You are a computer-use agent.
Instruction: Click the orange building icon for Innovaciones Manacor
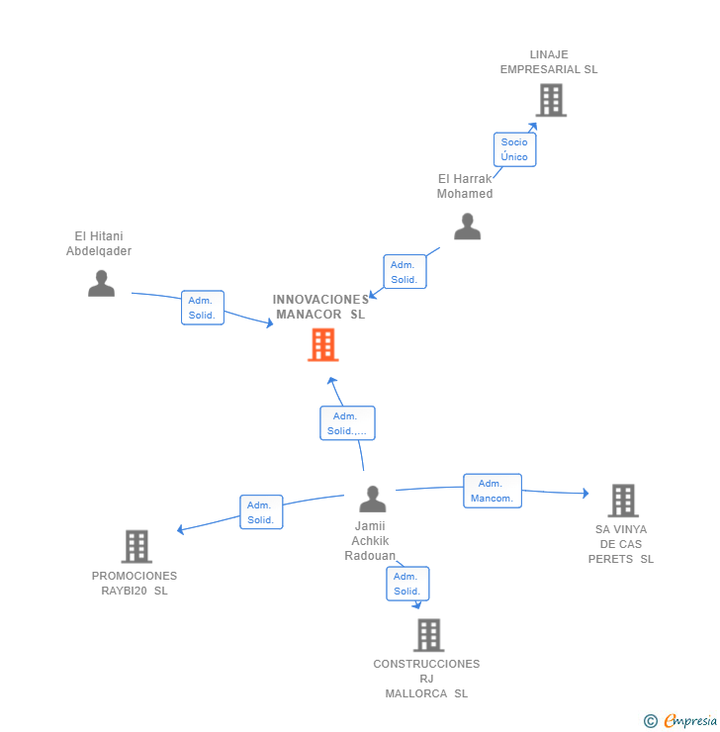point(322,345)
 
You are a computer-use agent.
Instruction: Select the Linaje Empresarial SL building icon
point(551,100)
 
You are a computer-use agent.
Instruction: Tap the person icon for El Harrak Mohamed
point(467,227)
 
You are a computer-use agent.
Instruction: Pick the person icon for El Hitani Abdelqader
point(101,283)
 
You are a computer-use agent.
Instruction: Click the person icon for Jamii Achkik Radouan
point(373,500)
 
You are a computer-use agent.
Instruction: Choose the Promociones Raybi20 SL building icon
point(136,547)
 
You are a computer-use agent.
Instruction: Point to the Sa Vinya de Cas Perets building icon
point(623,501)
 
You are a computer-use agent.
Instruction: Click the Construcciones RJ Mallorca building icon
point(429,635)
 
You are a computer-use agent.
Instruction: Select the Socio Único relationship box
point(514,149)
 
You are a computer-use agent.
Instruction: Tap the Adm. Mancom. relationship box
point(493,491)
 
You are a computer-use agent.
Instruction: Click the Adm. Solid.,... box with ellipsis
point(347,423)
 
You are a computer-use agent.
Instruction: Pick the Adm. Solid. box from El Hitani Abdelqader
point(203,308)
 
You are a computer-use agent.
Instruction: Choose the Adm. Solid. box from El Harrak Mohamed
point(405,272)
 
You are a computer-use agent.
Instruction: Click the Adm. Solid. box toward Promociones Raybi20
point(261,512)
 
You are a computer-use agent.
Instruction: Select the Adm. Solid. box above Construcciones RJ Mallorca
point(407,584)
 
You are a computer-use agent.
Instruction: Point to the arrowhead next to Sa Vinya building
point(586,493)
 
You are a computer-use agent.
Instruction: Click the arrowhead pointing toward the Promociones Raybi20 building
point(180,530)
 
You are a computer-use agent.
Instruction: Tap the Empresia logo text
point(690,720)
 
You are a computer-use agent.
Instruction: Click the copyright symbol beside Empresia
point(651,721)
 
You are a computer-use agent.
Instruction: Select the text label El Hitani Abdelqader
point(99,243)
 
